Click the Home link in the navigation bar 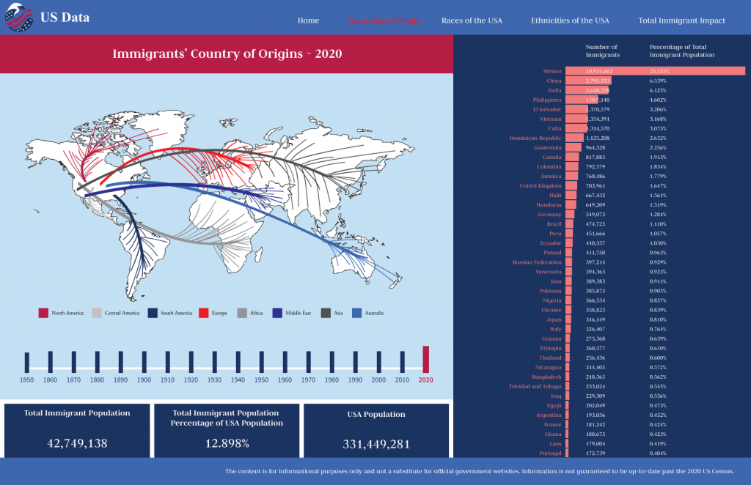308,21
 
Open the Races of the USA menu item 472,21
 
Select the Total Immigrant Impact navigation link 681,21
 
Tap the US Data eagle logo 19,18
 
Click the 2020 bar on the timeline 425,359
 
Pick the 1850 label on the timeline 26,380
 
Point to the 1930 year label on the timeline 214,380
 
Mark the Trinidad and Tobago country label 535,386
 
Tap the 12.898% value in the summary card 227,443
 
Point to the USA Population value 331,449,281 376,444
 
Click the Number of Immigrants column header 602,51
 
